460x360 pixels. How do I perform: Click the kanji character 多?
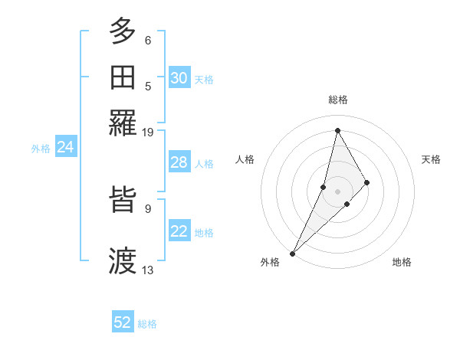click(123, 33)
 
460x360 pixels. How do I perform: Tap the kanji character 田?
click(123, 77)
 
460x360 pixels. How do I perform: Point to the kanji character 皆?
click(123, 202)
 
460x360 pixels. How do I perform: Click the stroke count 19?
click(148, 133)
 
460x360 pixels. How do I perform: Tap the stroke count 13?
click(148, 270)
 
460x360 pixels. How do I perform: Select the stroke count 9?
click(148, 208)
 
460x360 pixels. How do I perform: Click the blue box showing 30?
click(179, 78)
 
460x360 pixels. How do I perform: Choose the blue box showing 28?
click(179, 162)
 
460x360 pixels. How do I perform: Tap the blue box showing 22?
click(179, 231)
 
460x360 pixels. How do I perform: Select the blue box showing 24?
click(66, 147)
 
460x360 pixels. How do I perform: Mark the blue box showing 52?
click(123, 322)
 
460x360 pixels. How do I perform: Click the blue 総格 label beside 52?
click(147, 324)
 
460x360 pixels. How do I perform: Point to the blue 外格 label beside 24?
click(41, 149)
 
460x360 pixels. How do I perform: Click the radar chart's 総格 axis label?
click(338, 100)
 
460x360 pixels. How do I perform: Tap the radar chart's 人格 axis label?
click(245, 159)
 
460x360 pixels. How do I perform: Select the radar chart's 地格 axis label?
click(402, 262)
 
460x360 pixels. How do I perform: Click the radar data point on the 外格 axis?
click(292, 253)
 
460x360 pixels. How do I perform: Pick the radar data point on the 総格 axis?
click(337, 130)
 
